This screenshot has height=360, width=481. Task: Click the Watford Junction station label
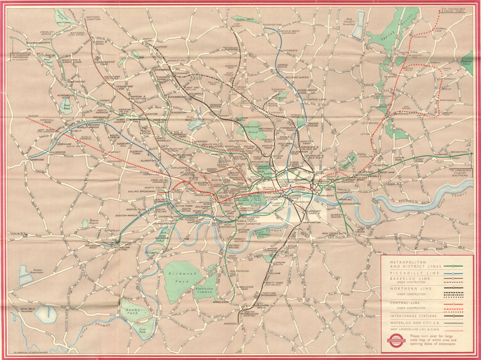[x=93, y=19]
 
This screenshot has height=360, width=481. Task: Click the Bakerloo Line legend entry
[x=406, y=279]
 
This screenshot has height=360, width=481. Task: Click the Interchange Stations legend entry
[x=413, y=316]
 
